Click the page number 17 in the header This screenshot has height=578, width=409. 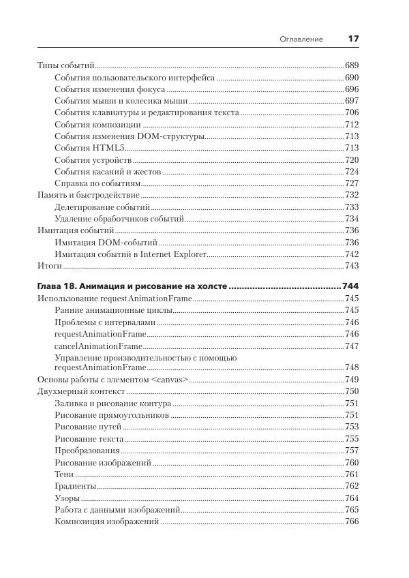tap(353, 39)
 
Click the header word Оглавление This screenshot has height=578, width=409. tap(301, 40)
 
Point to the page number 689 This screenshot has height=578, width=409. tap(352, 65)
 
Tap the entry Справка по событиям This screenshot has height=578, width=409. tap(97, 183)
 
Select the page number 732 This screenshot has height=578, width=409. tap(352, 195)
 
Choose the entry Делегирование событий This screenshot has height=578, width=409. tap(102, 207)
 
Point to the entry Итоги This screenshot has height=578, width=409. tap(49, 266)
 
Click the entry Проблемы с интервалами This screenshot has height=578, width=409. tap(105, 322)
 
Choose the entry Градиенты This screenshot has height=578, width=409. tap(75, 486)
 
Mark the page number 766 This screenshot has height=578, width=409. tap(352, 522)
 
